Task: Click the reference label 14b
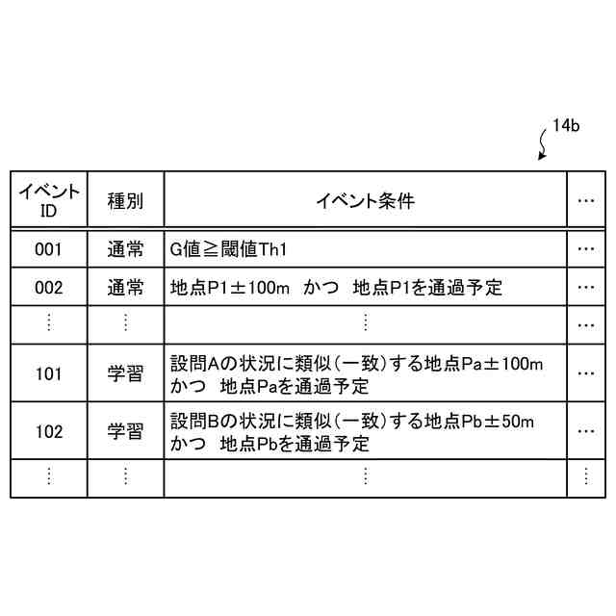point(565,127)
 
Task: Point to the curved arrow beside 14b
point(543,146)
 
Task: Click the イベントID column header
point(48,200)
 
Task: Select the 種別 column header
point(125,201)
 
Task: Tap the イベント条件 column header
point(365,201)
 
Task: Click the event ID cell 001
point(48,249)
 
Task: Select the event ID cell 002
point(48,287)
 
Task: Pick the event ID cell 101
point(48,373)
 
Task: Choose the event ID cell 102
point(48,431)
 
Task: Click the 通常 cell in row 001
point(125,249)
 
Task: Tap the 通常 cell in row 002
point(125,287)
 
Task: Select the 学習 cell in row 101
point(125,373)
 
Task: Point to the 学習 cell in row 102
point(125,431)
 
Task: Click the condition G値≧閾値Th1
point(229,249)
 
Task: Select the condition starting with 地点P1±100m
point(336,287)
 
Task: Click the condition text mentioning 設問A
point(356,374)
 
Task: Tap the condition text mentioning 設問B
point(351,432)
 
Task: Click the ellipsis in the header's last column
point(586,201)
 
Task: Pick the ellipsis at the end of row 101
point(586,373)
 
